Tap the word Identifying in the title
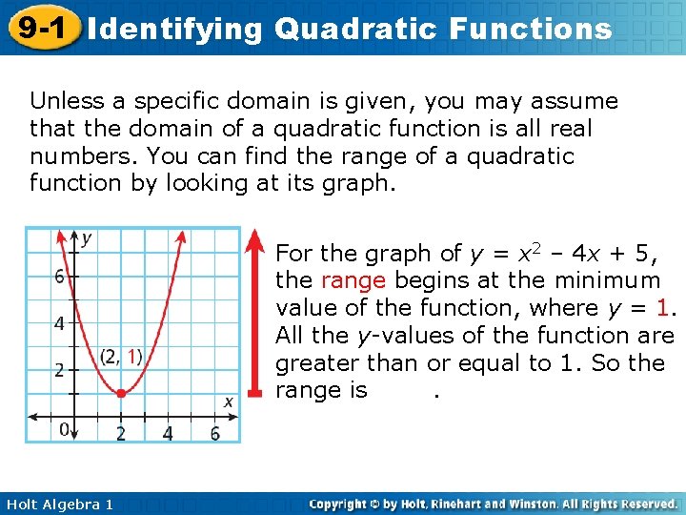pyautogui.click(x=174, y=29)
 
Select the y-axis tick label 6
pyautogui.click(x=59, y=278)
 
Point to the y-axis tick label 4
pyautogui.click(x=59, y=323)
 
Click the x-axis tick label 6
pyautogui.click(x=214, y=434)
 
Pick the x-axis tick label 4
pyautogui.click(x=168, y=434)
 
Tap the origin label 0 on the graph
pyautogui.click(x=65, y=430)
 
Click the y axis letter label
pyautogui.click(x=87, y=238)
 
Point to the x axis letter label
pyautogui.click(x=228, y=402)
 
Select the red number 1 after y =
pyautogui.click(x=663, y=308)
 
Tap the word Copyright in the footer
pyautogui.click(x=340, y=504)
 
